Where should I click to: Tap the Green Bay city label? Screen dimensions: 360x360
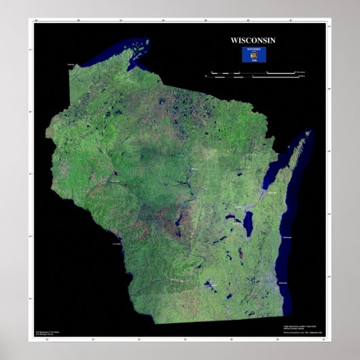click(x=274, y=193)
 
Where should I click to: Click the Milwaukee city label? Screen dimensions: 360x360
click(x=283, y=281)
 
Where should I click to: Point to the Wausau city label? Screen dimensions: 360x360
click(x=195, y=168)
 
